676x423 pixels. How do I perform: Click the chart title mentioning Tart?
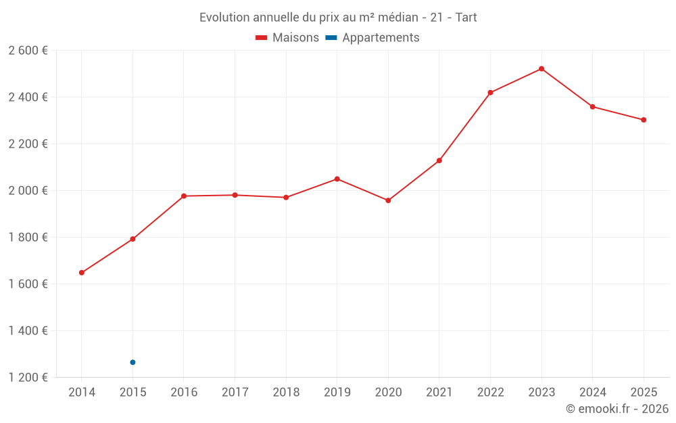[x=338, y=18]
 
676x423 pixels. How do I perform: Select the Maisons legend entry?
[x=287, y=38]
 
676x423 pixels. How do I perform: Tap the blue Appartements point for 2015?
[x=132, y=362]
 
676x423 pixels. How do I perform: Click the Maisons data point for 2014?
[x=82, y=273]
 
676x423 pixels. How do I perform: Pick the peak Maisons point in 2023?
[x=541, y=68]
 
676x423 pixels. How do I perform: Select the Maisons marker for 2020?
[x=388, y=200]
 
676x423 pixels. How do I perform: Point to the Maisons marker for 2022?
[x=490, y=93]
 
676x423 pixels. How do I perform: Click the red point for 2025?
[x=644, y=120]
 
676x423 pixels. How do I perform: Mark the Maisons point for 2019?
[x=337, y=179]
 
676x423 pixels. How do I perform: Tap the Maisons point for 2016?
[x=184, y=196]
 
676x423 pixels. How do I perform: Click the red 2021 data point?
[x=439, y=160]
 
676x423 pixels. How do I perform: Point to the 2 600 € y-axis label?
[x=28, y=51]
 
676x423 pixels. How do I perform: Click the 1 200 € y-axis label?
[x=28, y=378]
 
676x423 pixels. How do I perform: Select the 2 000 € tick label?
[x=28, y=191]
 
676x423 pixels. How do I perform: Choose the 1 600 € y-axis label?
[x=28, y=284]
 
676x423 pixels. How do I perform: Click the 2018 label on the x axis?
[x=286, y=393]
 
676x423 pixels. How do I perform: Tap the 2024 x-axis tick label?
[x=592, y=393]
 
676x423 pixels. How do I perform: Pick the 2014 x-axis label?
[x=82, y=393]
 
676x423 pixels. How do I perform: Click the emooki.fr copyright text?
[x=617, y=409]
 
